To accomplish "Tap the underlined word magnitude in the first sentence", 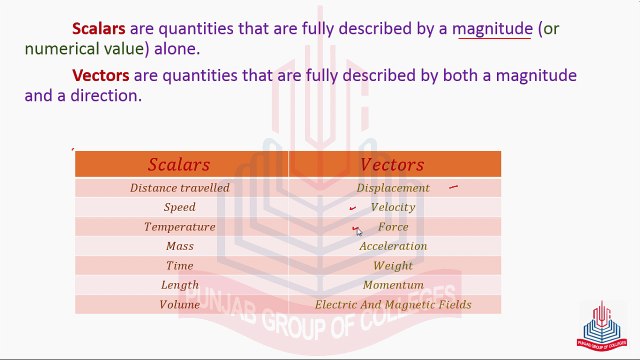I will pos(493,29).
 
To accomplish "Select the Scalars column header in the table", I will pos(179,165).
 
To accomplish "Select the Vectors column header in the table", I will pos(392,165).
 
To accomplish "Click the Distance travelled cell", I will pos(179,188).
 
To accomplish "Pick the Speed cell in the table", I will pos(179,207).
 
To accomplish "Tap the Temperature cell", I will pos(179,227).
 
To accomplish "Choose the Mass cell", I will pos(179,246).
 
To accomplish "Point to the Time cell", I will pos(179,266).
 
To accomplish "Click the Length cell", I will pos(179,285).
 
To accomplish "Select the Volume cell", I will pos(179,305).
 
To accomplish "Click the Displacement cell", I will pos(393,188).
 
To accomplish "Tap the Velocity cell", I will pos(393,207).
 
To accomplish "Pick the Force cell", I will pos(393,227).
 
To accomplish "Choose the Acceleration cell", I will pos(393,246).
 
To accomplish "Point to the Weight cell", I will pos(393,266).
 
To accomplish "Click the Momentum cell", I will pos(393,285).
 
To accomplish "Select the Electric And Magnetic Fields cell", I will pos(393,305).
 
